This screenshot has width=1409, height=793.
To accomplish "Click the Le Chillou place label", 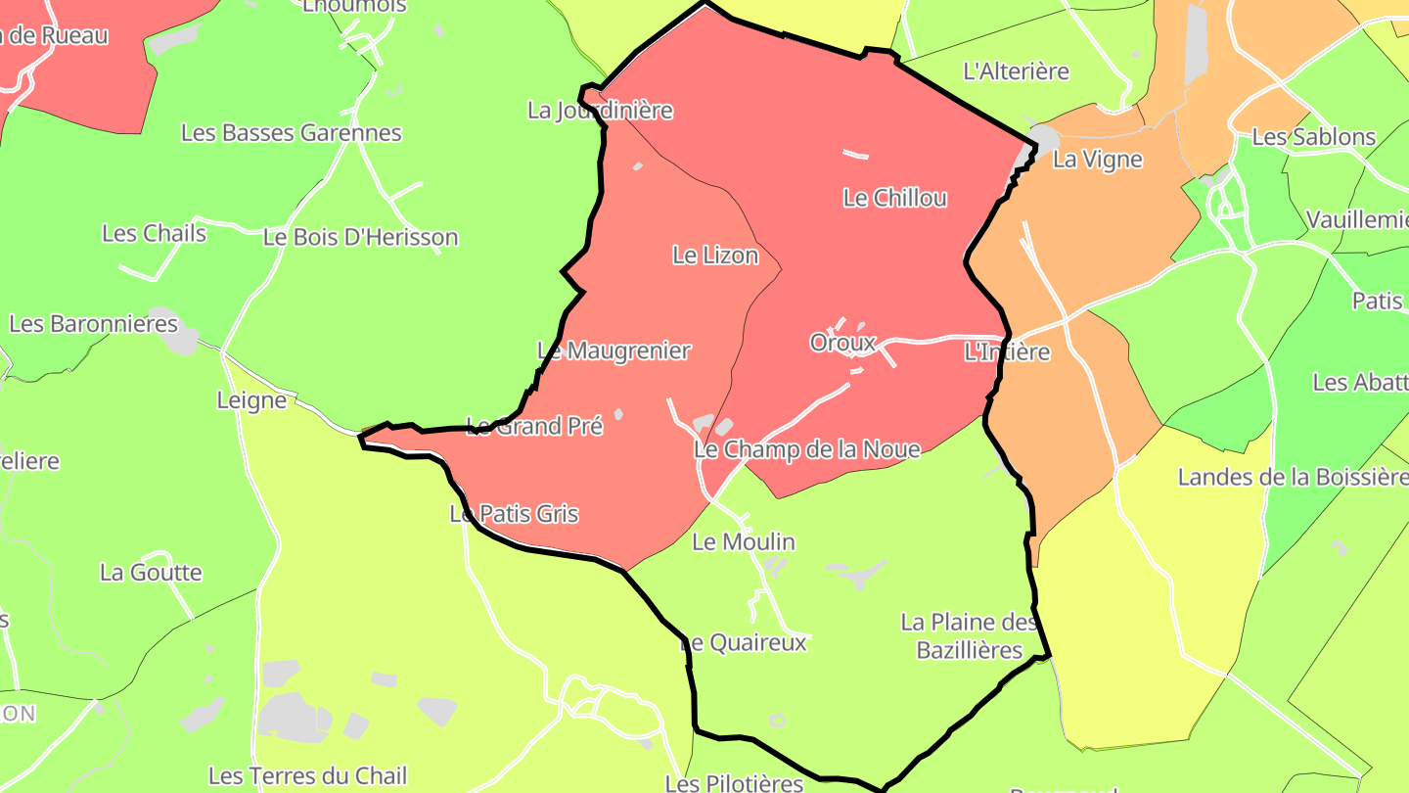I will pyautogui.click(x=894, y=198).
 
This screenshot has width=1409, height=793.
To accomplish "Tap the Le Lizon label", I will pyautogui.click(x=715, y=256).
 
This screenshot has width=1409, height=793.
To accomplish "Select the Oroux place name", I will pyautogui.click(x=841, y=343).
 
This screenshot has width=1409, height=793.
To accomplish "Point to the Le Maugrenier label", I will pyautogui.click(x=614, y=350).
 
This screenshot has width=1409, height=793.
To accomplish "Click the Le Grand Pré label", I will pyautogui.click(x=534, y=426).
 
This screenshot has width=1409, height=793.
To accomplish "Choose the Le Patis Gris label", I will pyautogui.click(x=514, y=514).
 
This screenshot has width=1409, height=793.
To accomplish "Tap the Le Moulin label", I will pyautogui.click(x=744, y=541).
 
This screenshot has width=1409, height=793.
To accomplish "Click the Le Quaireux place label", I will pyautogui.click(x=744, y=642).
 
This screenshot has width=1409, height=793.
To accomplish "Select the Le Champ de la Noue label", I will pyautogui.click(x=807, y=449).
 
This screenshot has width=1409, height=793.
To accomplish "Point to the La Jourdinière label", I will pyautogui.click(x=600, y=111).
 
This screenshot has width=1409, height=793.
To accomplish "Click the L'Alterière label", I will pyautogui.click(x=1016, y=71).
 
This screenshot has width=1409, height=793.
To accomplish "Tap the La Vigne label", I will pyautogui.click(x=1097, y=160).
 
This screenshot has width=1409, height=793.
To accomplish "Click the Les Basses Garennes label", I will pyautogui.click(x=292, y=133).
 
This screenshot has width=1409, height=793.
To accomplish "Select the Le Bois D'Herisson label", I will pyautogui.click(x=360, y=237).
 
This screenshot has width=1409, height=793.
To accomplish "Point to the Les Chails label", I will pyautogui.click(x=154, y=233).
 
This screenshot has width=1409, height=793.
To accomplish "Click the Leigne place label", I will pyautogui.click(x=251, y=399).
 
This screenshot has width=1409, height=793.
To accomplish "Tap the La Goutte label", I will pyautogui.click(x=151, y=573).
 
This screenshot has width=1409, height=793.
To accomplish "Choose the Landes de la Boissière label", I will pyautogui.click(x=1292, y=478).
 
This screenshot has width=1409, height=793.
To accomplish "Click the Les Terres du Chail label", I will pyautogui.click(x=307, y=776).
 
